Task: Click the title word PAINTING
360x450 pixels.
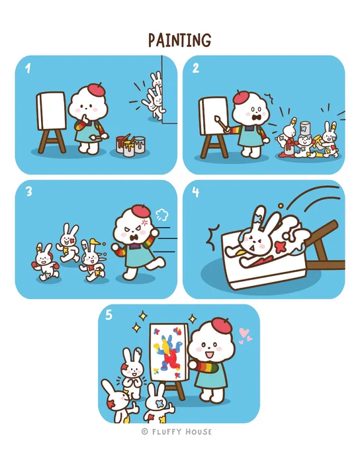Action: (180, 40)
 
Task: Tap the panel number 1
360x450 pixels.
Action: (28, 68)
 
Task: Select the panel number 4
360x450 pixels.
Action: (195, 192)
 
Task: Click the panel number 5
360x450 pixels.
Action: (109, 315)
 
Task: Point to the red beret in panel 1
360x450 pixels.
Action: (97, 89)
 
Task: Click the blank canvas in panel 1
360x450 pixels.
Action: (52, 111)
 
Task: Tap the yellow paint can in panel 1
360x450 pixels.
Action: (129, 148)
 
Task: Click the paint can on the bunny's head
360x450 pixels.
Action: (305, 128)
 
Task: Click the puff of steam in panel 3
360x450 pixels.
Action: (161, 214)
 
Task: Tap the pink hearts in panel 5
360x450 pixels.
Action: (245, 336)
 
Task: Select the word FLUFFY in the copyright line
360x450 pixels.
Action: (167, 431)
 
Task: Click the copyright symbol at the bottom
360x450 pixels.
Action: (145, 431)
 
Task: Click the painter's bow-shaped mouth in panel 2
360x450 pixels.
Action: (255, 117)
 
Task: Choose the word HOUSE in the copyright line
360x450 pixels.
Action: (199, 431)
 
